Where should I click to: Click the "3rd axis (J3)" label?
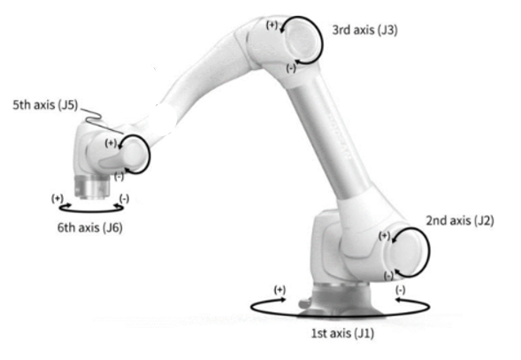[x=364, y=30]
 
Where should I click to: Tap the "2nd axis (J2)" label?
[x=460, y=221]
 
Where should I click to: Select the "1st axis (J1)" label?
[x=342, y=333]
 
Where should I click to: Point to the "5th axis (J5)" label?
[x=45, y=105]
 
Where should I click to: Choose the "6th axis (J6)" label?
[x=90, y=227]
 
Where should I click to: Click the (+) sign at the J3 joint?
[x=272, y=25]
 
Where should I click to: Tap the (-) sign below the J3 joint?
[x=291, y=68]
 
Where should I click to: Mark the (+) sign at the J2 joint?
[x=384, y=235]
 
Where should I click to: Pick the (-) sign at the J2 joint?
[x=388, y=275]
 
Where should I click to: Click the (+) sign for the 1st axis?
[x=280, y=290]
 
